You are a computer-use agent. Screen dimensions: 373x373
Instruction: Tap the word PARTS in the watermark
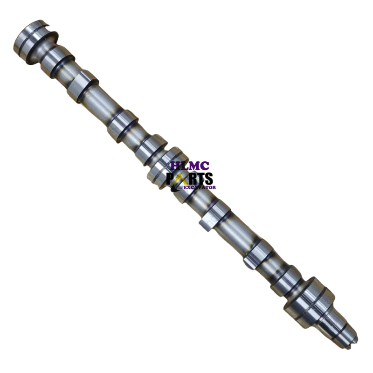coord(190,179)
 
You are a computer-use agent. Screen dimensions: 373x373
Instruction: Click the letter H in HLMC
coord(174,166)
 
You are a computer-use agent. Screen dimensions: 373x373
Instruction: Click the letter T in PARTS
coord(200,179)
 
